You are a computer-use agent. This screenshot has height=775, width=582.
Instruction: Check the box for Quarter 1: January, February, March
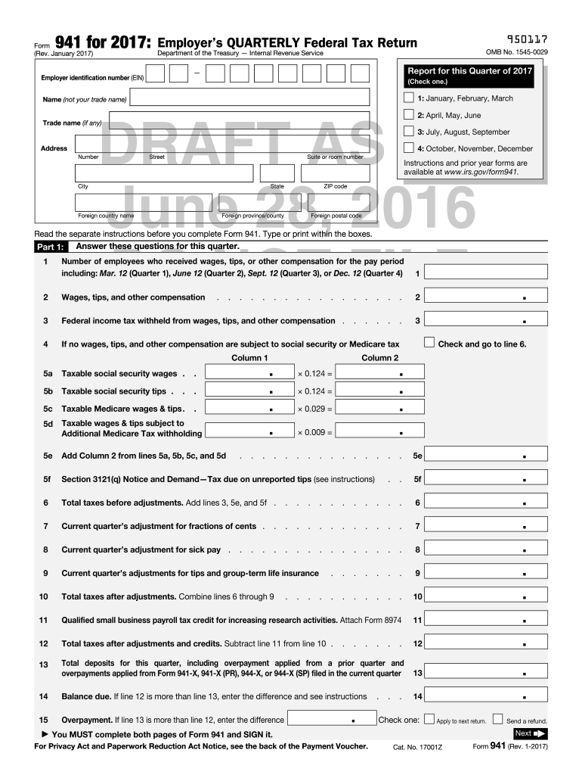(409, 98)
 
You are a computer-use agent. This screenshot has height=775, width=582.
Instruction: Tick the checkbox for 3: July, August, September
(409, 132)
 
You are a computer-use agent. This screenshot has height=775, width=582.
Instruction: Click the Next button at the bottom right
(530, 733)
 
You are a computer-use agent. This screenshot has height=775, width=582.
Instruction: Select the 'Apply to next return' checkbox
(429, 720)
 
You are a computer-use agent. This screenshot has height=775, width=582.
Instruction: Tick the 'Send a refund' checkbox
(498, 720)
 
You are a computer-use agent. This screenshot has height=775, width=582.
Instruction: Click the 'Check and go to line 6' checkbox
(429, 343)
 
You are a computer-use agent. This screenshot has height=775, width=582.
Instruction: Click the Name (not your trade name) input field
(249, 98)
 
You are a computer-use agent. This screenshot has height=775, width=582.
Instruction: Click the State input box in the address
(277, 173)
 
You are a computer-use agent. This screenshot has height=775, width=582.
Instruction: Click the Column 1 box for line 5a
(249, 372)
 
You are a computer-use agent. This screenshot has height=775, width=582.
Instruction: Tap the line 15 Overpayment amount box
(331, 720)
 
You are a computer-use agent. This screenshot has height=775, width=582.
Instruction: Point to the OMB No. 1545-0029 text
(517, 52)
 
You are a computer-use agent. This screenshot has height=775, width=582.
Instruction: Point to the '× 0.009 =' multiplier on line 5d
(314, 432)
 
